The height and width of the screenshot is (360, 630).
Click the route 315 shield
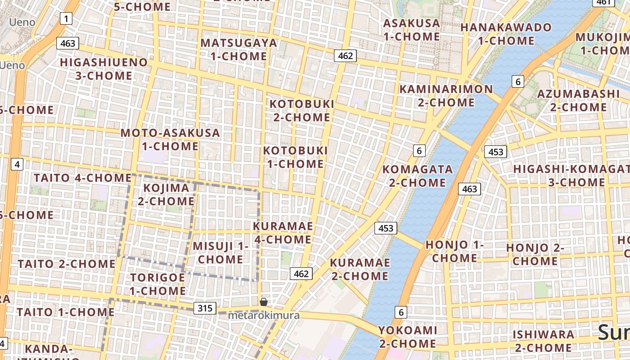click(x=205, y=308)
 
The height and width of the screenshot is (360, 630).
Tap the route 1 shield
click(x=66, y=18)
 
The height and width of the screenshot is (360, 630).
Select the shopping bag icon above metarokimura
click(x=264, y=302)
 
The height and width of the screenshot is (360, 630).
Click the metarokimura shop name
click(x=263, y=315)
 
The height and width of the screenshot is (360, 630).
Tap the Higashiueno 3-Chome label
click(x=103, y=69)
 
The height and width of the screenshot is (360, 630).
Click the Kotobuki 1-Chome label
click(x=296, y=157)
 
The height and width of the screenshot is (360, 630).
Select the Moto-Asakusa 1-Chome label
click(x=170, y=139)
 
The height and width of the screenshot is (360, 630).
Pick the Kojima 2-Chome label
click(x=166, y=194)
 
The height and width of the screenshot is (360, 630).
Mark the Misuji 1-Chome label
click(x=220, y=252)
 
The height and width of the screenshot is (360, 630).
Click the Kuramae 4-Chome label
click(x=283, y=233)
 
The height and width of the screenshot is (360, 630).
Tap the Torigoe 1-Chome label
click(x=157, y=284)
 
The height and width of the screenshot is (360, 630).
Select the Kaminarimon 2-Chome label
click(x=446, y=95)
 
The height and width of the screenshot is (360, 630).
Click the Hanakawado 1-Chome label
click(x=506, y=34)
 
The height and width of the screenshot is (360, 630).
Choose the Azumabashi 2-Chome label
click(x=578, y=100)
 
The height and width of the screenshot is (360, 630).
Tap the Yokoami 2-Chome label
click(x=408, y=337)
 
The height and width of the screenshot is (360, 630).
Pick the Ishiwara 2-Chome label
click(x=544, y=341)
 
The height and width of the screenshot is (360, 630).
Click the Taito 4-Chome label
click(x=82, y=178)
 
